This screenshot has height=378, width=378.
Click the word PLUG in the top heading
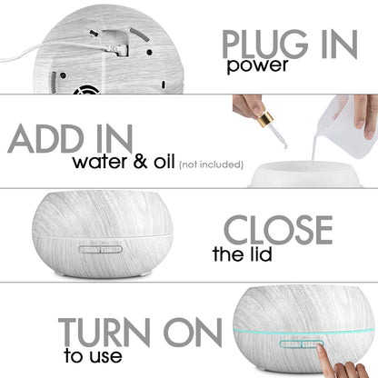(265, 45)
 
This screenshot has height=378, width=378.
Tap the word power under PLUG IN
(257, 66)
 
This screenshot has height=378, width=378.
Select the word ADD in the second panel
(45, 139)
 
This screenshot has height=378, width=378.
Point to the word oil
(164, 161)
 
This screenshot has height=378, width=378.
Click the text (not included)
(212, 164)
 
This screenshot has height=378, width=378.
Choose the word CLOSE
(278, 230)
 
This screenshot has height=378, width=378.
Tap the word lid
(261, 254)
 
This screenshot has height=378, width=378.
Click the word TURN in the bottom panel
(104, 333)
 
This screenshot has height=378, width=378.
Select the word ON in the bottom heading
(193, 333)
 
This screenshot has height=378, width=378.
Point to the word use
(105, 356)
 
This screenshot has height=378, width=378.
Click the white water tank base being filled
(305, 174)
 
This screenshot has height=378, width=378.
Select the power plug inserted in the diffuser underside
(118, 50)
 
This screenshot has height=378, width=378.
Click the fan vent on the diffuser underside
(86, 90)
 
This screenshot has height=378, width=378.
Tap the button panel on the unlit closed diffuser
(100, 249)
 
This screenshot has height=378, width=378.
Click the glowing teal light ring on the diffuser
(303, 333)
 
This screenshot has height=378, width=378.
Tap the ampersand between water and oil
(141, 162)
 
